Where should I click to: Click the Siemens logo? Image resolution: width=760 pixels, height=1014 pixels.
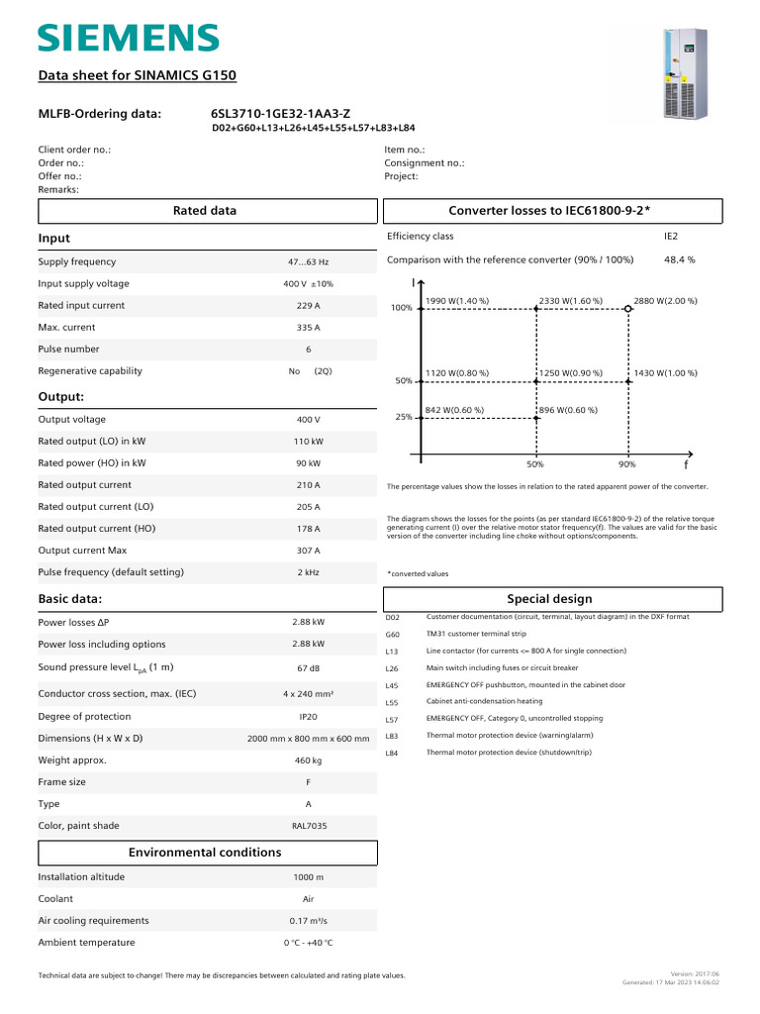tap(129, 39)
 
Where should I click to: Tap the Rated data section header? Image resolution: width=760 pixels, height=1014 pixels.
tap(206, 211)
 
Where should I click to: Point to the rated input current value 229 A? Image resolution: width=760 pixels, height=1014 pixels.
tap(309, 306)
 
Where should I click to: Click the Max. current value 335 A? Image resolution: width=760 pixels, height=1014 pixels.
tap(309, 328)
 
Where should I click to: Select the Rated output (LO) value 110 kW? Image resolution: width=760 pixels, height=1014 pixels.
tap(309, 442)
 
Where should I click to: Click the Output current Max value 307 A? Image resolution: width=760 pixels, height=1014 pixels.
tap(309, 551)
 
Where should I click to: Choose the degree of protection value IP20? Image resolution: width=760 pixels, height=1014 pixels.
tap(309, 717)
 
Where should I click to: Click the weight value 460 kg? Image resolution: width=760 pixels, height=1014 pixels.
tap(309, 760)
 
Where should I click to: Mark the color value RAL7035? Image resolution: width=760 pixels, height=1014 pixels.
tap(309, 826)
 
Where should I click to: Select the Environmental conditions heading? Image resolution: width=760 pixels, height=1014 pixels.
tap(206, 853)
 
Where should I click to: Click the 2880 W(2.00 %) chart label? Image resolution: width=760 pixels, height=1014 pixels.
tap(665, 300)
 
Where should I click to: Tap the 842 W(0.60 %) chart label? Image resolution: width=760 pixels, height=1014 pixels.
tap(454, 409)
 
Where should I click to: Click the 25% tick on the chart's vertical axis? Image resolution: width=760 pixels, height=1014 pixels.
tap(404, 418)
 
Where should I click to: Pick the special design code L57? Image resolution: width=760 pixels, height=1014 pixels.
tap(392, 720)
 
